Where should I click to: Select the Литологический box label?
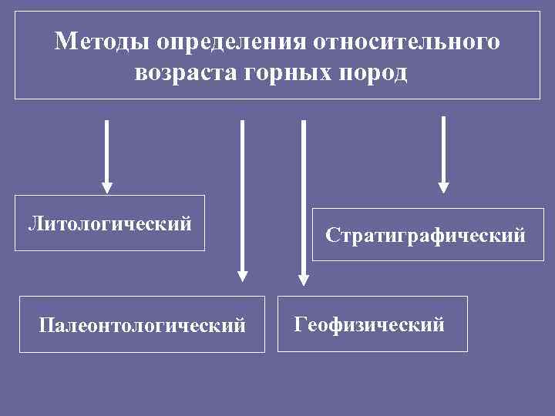click(109, 224)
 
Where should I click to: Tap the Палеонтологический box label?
click(142, 326)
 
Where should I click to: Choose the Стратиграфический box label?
click(425, 234)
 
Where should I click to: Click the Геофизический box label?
click(369, 324)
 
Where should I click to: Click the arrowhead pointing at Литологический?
click(107, 187)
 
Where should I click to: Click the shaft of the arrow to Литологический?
click(107, 150)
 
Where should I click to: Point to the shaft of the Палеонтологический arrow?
click(242, 193)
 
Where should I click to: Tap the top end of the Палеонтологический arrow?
click(242, 122)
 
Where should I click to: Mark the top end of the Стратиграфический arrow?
click(443, 117)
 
